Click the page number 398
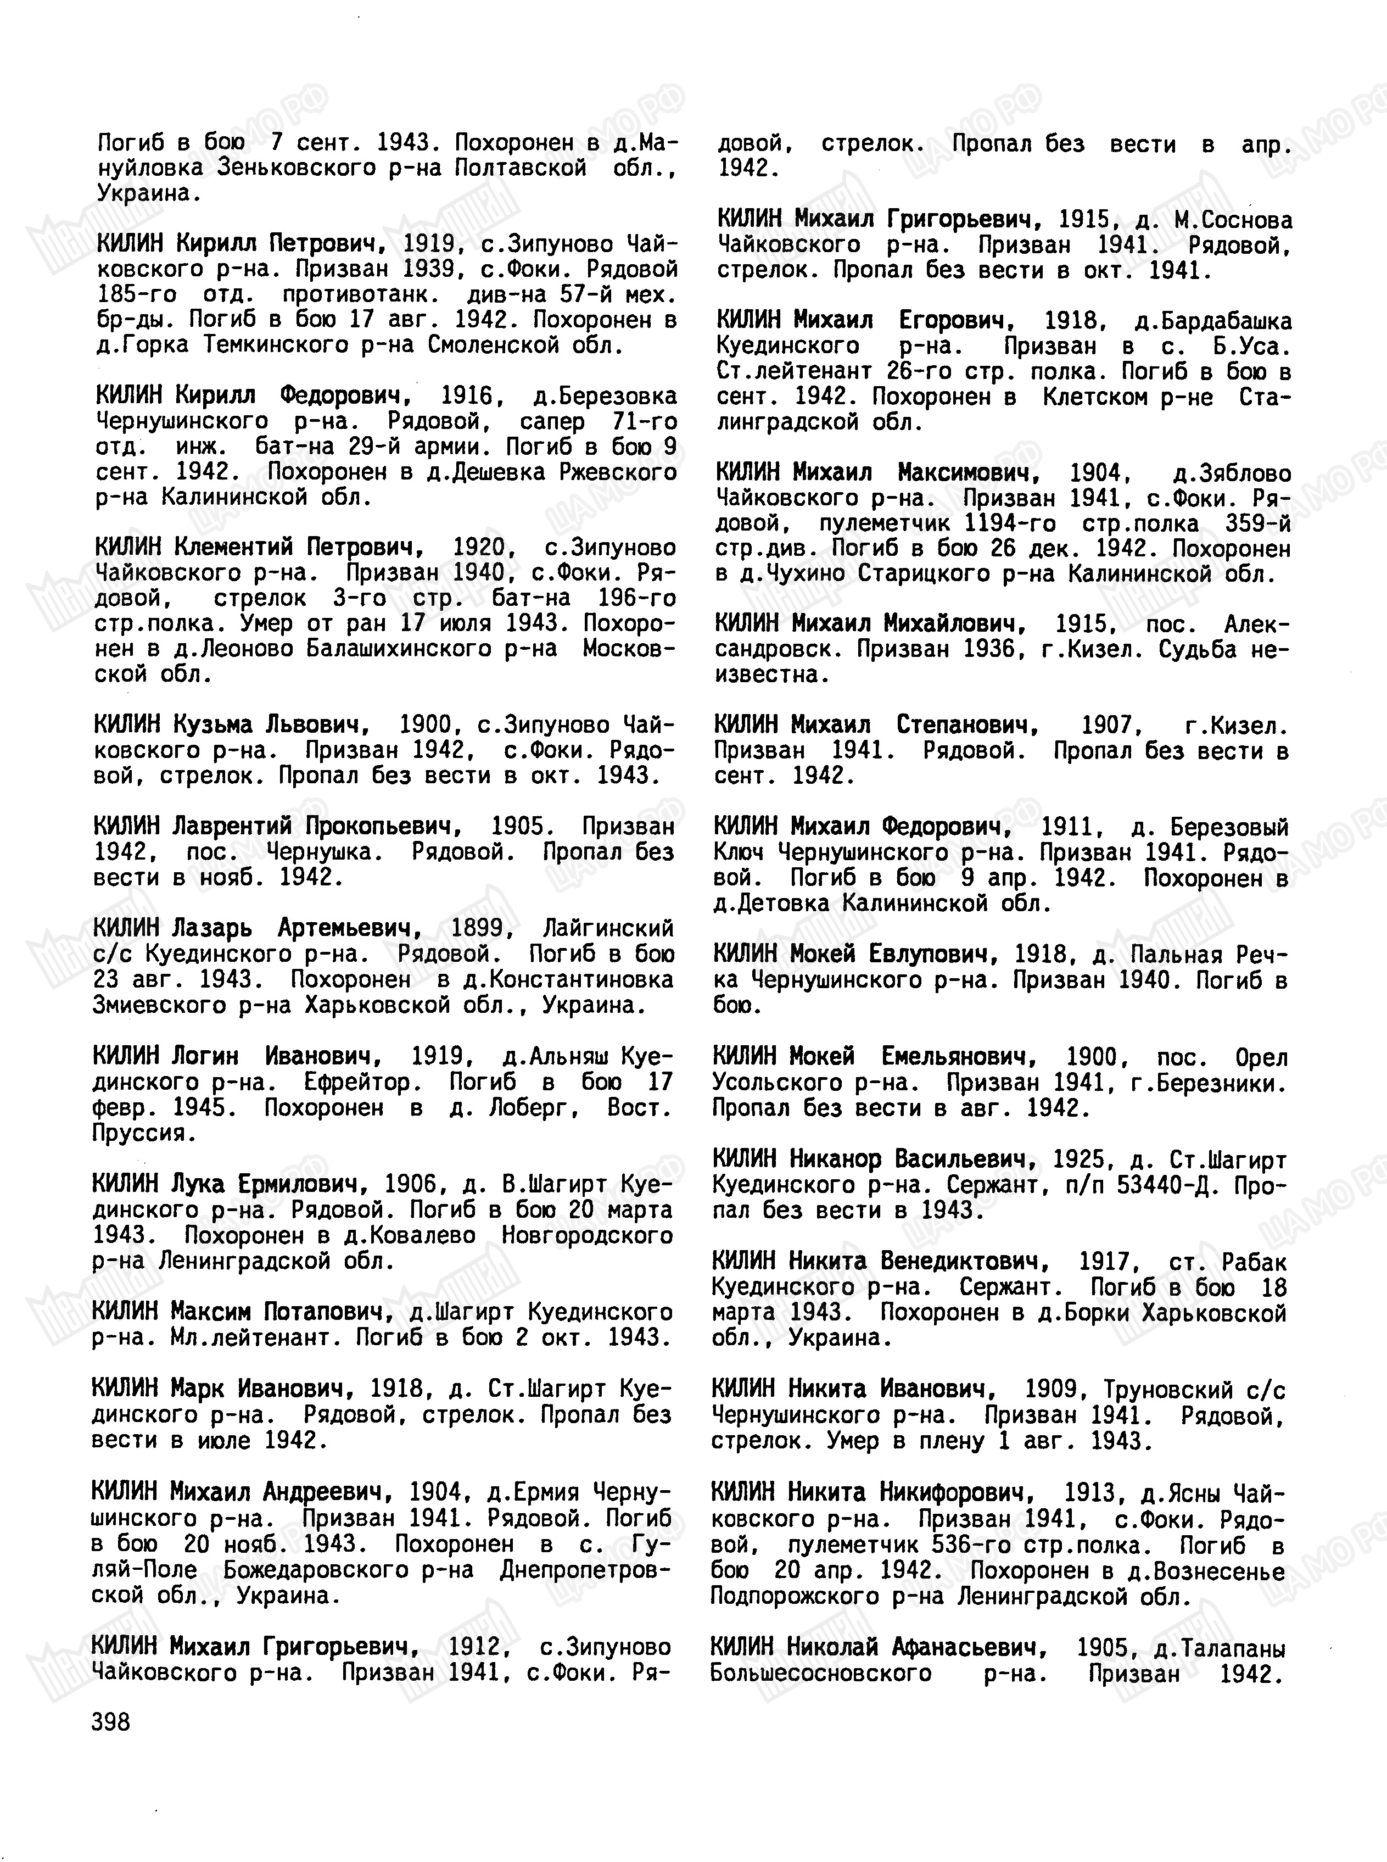(111, 1722)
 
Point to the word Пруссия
(143, 1133)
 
